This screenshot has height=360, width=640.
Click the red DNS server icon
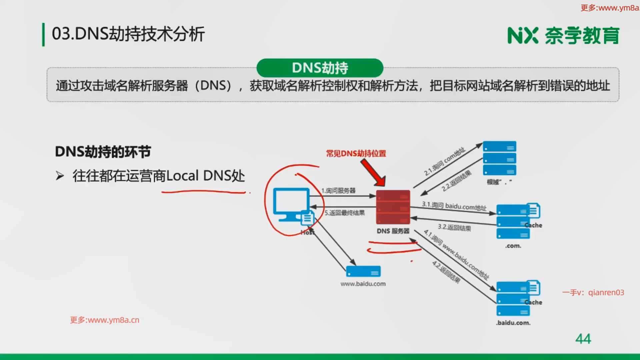pos(393,207)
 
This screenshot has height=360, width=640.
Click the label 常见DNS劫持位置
pos(356,153)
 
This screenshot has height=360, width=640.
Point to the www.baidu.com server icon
pos(363,271)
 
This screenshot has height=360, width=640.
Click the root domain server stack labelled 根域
pos(499,158)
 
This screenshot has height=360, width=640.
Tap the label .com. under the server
pos(513,246)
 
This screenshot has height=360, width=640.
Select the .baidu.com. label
pos(513,323)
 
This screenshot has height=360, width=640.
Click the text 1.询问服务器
pos(338,191)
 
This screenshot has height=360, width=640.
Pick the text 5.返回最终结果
pos(345,213)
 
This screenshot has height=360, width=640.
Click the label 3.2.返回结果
pos(454,228)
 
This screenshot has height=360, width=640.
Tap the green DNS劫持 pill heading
pos(320,68)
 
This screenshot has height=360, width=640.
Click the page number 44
pos(583,339)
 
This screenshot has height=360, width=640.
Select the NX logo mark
pos(523,36)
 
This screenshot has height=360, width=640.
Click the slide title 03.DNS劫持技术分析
pos(128,34)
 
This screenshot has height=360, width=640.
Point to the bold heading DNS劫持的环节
pos(103,152)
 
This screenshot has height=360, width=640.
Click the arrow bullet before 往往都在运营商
pos(60,176)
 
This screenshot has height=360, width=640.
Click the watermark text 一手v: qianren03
pos(593,293)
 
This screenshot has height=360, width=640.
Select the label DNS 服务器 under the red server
pos(393,231)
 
